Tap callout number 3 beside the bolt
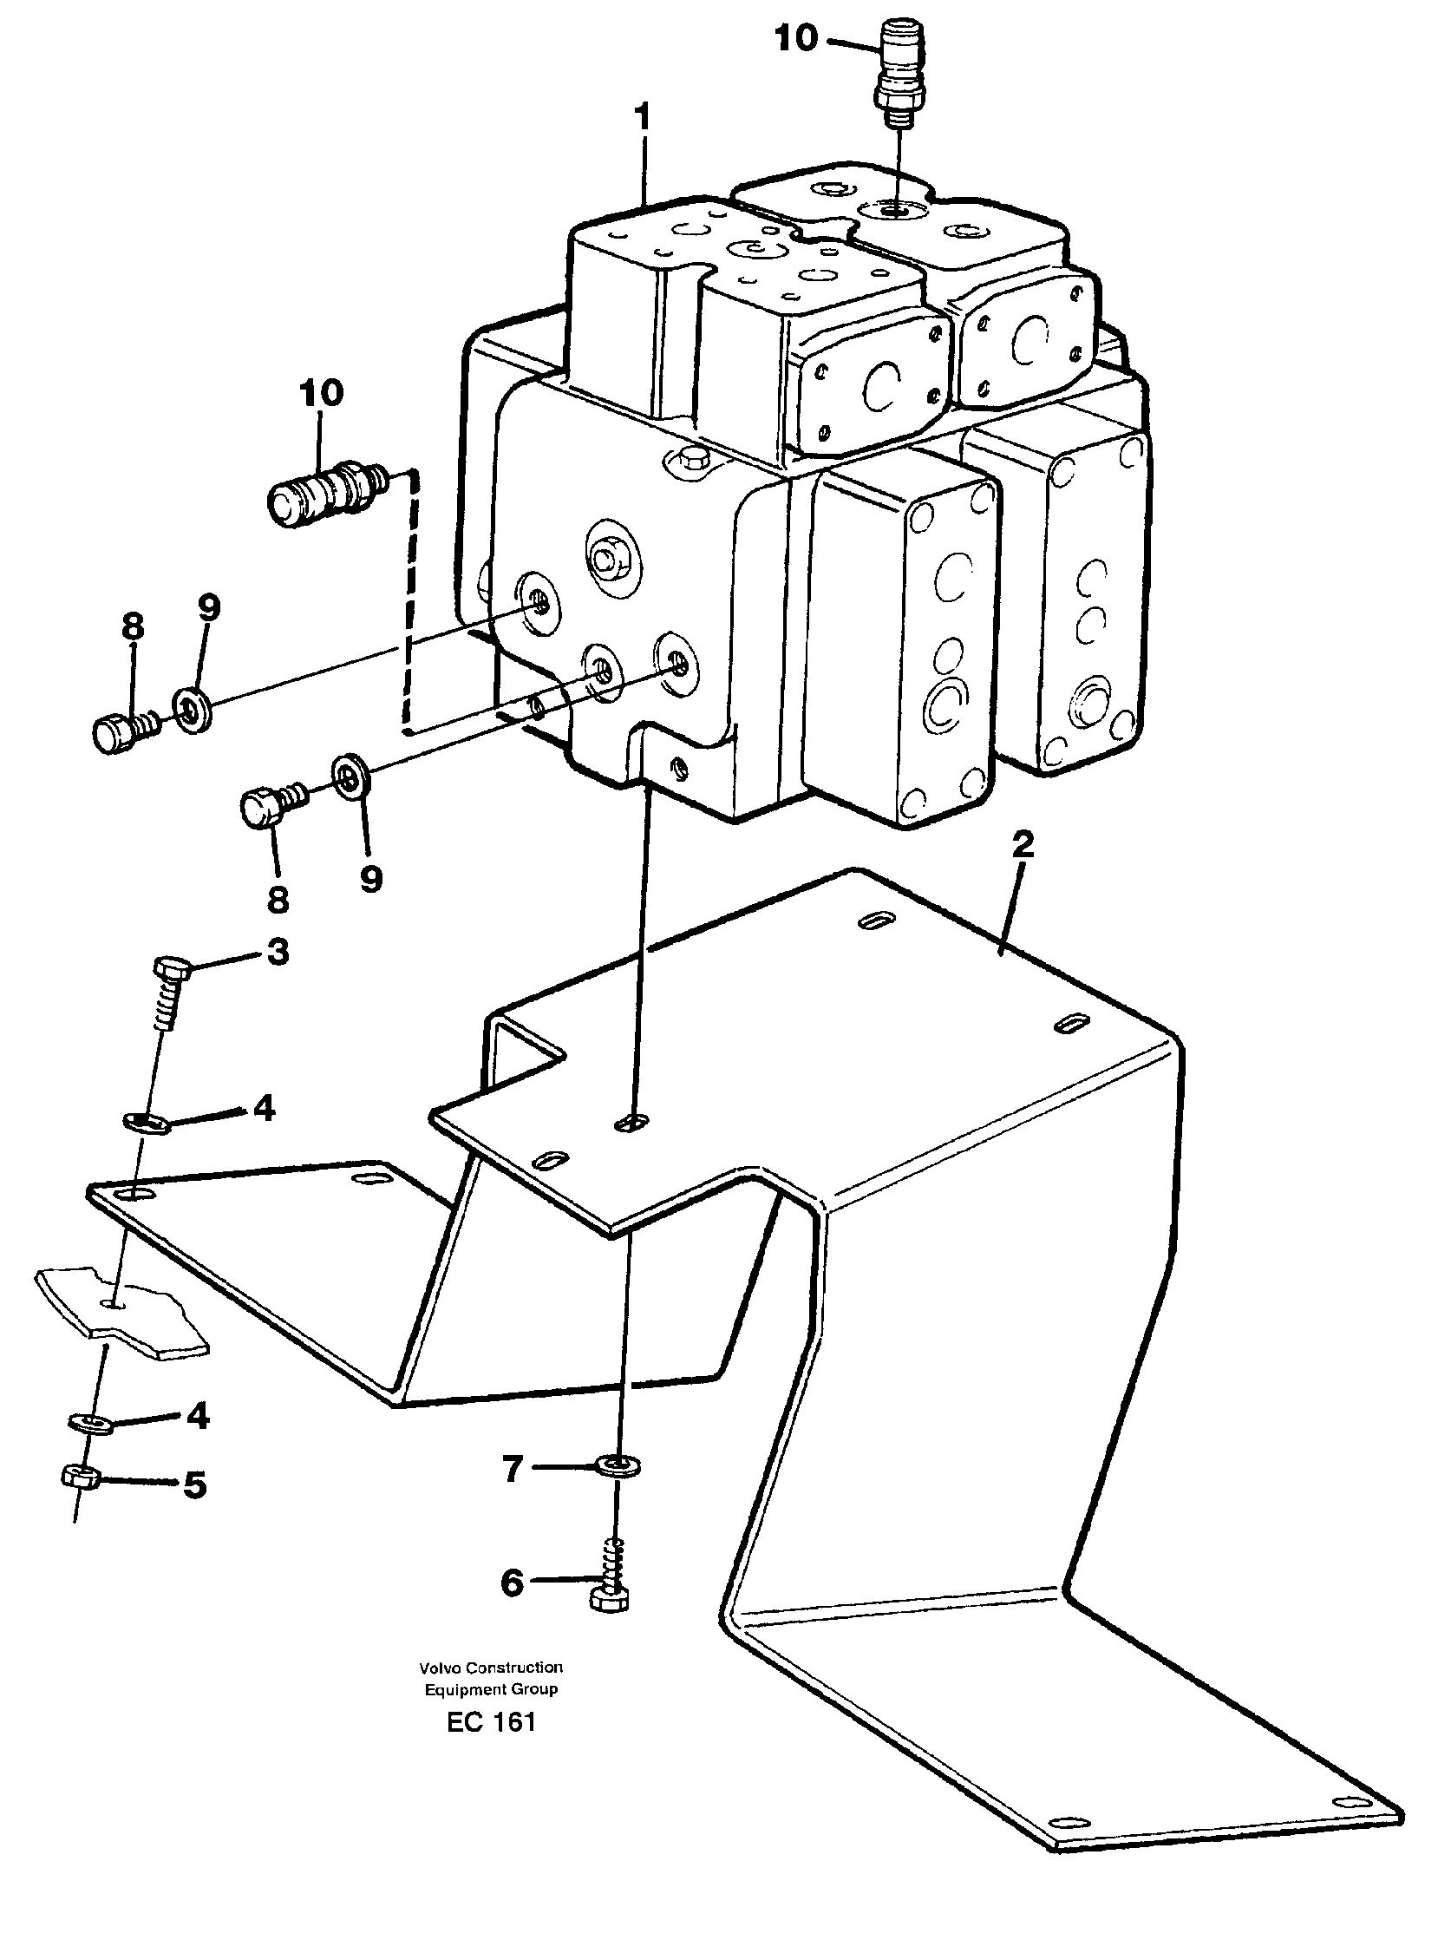point(278,952)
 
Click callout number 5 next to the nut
point(194,1484)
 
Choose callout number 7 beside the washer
point(512,1470)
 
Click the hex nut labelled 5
point(83,1475)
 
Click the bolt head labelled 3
point(171,967)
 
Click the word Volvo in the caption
point(440,1668)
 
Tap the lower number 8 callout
point(278,900)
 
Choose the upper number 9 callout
point(208,608)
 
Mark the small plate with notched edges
point(122,1314)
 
